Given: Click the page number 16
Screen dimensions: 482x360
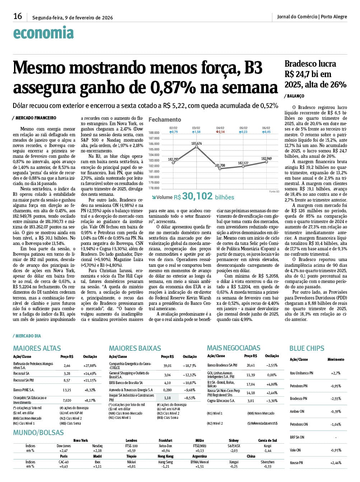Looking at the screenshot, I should click(x=18, y=16).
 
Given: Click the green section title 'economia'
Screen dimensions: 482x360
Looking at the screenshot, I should click(x=43, y=33).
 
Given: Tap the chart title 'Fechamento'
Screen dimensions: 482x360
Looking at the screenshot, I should click(x=165, y=119).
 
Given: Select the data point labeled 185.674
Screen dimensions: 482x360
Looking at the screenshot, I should click(x=196, y=147).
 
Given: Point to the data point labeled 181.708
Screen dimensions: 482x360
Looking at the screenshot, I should click(x=220, y=169).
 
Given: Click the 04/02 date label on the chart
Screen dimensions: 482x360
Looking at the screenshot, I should click(x=220, y=128).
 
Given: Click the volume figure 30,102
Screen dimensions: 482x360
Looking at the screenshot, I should click(x=197, y=196).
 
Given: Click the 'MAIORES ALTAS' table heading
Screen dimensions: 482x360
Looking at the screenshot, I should click(x=37, y=348).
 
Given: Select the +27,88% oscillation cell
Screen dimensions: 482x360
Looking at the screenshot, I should click(x=90, y=366).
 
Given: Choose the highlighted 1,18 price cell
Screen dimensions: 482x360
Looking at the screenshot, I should click(x=167, y=398).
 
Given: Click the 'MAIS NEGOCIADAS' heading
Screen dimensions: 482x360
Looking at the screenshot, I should click(x=234, y=348).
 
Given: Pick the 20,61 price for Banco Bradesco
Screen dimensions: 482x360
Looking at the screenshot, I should click(x=251, y=365).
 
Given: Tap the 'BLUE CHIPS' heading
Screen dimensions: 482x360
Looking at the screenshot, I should click(x=307, y=348).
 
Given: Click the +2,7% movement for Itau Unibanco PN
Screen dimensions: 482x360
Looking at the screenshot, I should click(x=336, y=373).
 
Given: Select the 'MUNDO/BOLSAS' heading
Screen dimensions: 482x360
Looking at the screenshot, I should click(x=38, y=433).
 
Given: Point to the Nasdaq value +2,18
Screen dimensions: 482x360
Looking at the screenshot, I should click(x=97, y=451).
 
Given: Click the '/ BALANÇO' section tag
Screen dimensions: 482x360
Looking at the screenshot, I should click(x=294, y=96).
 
